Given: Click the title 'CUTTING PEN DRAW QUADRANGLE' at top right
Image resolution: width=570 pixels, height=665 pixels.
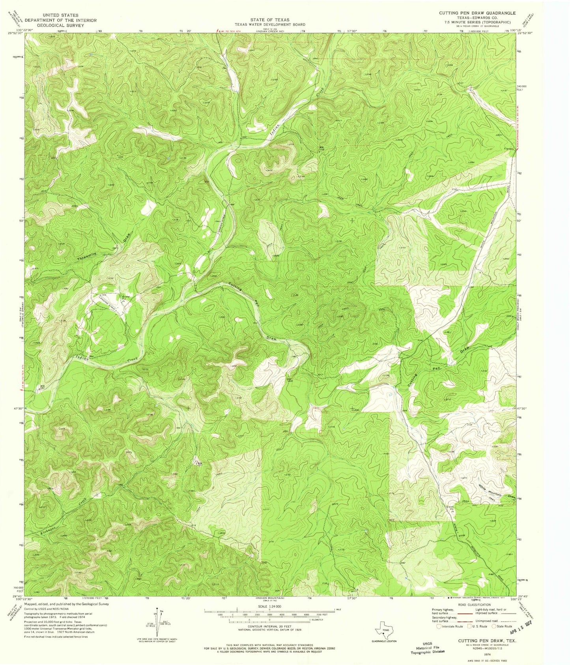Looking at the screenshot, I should (x=477, y=13).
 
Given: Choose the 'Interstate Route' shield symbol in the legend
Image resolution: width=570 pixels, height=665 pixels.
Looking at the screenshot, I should (x=439, y=626).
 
